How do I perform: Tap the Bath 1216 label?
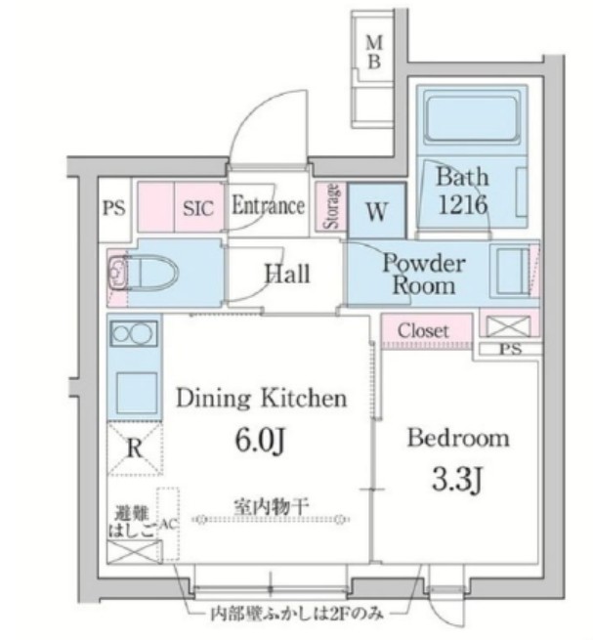(461, 192)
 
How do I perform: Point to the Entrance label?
(268, 206)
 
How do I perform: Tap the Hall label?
(286, 273)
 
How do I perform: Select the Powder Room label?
(423, 274)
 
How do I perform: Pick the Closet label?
(423, 331)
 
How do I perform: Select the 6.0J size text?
(258, 442)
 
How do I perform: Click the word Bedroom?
(457, 437)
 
